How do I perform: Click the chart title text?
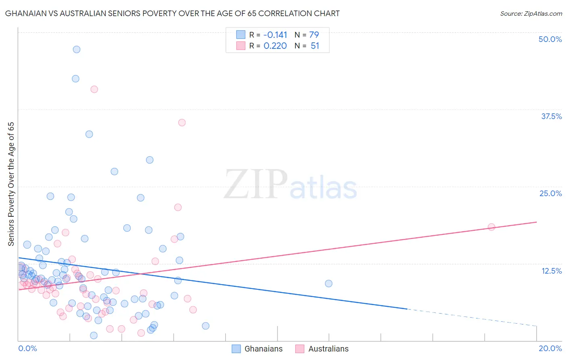coord(172,13)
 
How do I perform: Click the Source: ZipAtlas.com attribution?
coord(531,13)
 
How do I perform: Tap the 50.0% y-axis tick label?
coord(550,39)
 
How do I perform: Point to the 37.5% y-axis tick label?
coord(551,116)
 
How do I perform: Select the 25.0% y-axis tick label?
coord(550,193)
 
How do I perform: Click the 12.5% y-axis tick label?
coord(551,271)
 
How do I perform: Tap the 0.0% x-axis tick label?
coord(27,348)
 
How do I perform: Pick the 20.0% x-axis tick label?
coord(550,348)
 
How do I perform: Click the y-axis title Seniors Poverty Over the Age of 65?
coord(11,184)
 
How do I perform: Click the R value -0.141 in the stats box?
coord(275,35)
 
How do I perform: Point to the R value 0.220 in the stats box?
coord(275,46)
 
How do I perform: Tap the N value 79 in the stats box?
coord(314,35)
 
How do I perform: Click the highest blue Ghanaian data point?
coord(77,50)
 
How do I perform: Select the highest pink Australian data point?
coord(94,89)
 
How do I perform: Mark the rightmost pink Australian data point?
coord(491,227)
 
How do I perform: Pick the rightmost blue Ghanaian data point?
coord(329,283)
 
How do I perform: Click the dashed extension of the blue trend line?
coord(472,317)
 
